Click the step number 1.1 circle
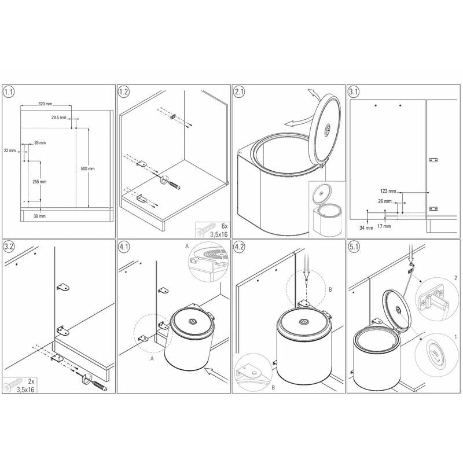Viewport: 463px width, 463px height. tap(9, 92)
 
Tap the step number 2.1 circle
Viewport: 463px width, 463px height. tap(239, 92)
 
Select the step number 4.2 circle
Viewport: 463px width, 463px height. tap(239, 247)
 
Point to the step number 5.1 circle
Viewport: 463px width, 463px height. tap(354, 247)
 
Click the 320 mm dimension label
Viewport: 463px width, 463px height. tap(45, 104)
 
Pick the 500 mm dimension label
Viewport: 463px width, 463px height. tap(88, 168)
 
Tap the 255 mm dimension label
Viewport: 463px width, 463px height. tap(39, 182)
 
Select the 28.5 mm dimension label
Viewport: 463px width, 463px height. tap(59, 117)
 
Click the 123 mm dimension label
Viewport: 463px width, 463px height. tap(388, 191)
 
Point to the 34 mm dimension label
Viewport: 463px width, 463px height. tap(366, 227)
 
